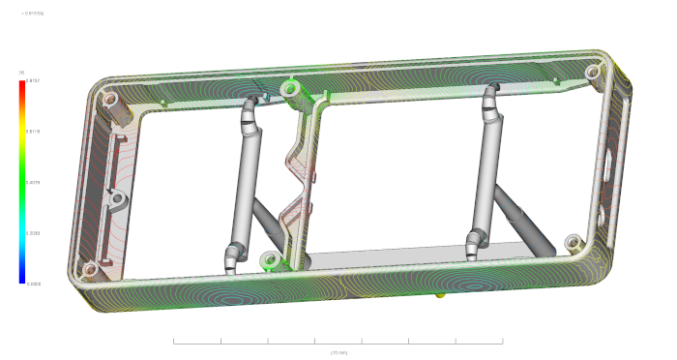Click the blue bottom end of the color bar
coord(21,280)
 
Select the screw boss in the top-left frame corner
coord(107,99)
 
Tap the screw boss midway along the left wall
coord(116,200)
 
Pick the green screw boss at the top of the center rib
coord(288,89)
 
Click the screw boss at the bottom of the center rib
coord(271,258)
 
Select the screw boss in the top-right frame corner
coord(591,71)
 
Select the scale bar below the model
coord(338,342)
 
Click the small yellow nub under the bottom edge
coord(441,291)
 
